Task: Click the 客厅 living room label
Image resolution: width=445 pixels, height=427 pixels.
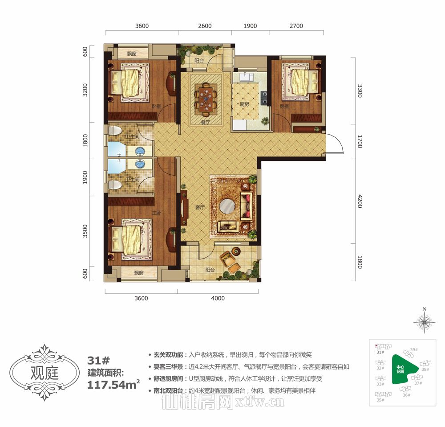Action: click(199, 207)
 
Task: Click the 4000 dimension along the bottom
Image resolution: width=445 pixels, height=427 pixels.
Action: click(218, 298)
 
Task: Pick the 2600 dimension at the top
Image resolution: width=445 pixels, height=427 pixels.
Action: click(205, 26)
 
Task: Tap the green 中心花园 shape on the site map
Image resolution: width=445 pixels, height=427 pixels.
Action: click(403, 370)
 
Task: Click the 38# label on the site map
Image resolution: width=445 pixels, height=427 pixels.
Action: click(425, 369)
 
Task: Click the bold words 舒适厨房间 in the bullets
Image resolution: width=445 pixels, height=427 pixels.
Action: click(168, 379)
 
